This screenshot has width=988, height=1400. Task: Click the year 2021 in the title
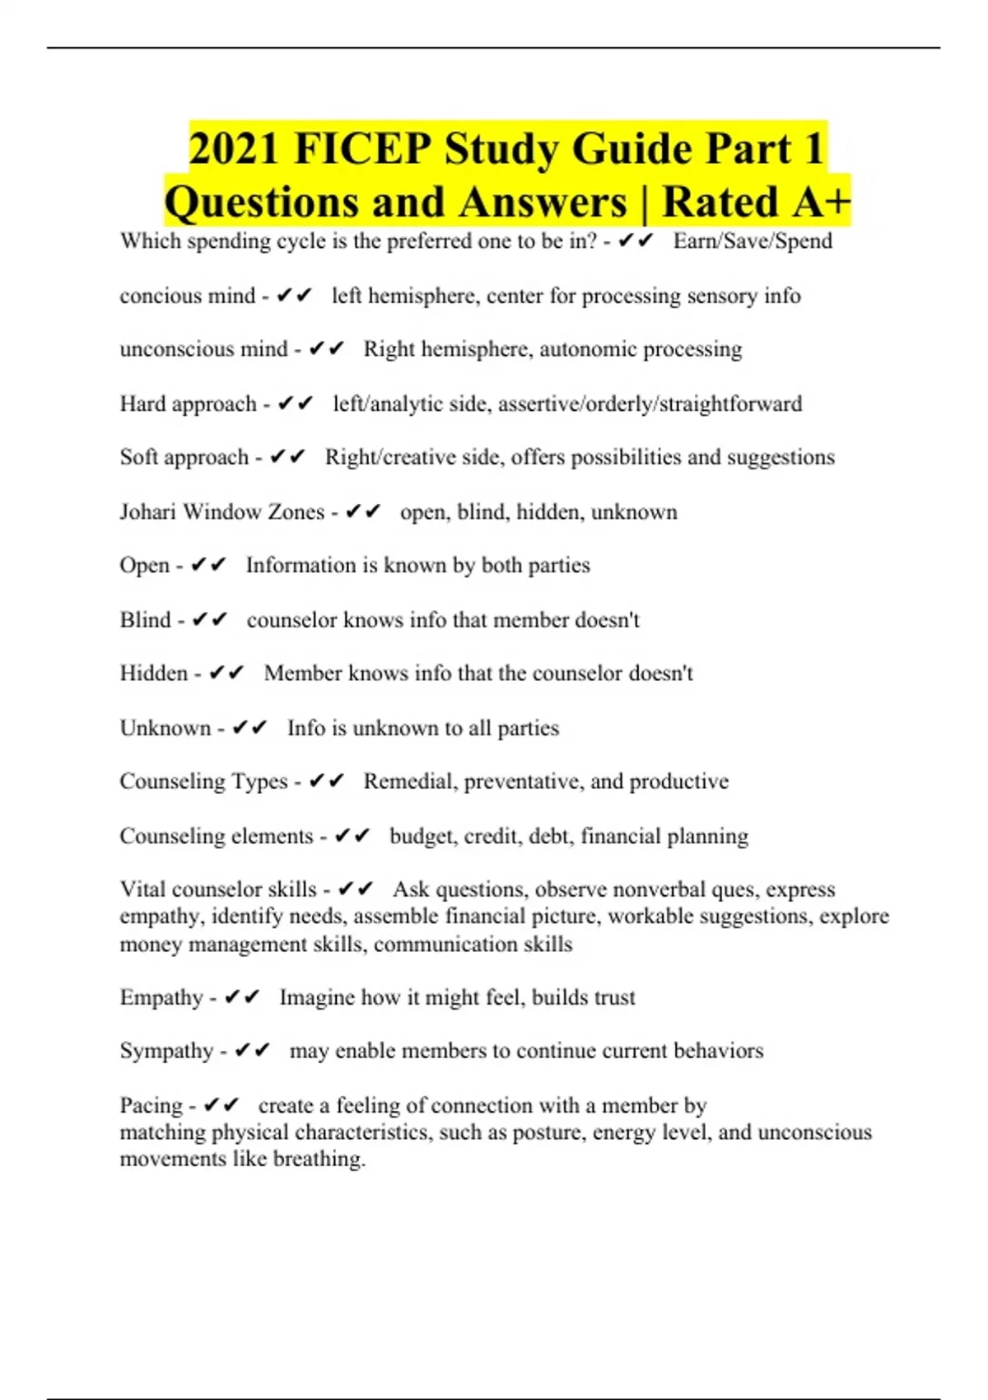pyautogui.click(x=235, y=149)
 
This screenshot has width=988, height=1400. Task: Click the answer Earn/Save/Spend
pyautogui.click(x=753, y=241)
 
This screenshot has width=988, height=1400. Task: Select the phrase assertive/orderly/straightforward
pyautogui.click(x=650, y=404)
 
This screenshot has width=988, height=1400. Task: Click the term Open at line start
pyautogui.click(x=145, y=566)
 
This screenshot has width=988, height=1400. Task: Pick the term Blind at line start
pyautogui.click(x=146, y=619)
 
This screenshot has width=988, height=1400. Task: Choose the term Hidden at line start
pyautogui.click(x=154, y=674)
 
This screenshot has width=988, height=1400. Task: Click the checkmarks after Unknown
pyautogui.click(x=249, y=728)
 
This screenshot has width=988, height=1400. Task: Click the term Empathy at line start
pyautogui.click(x=161, y=997)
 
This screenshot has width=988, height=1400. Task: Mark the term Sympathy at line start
pyautogui.click(x=166, y=1051)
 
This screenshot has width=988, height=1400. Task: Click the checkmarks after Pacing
pyautogui.click(x=221, y=1105)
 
